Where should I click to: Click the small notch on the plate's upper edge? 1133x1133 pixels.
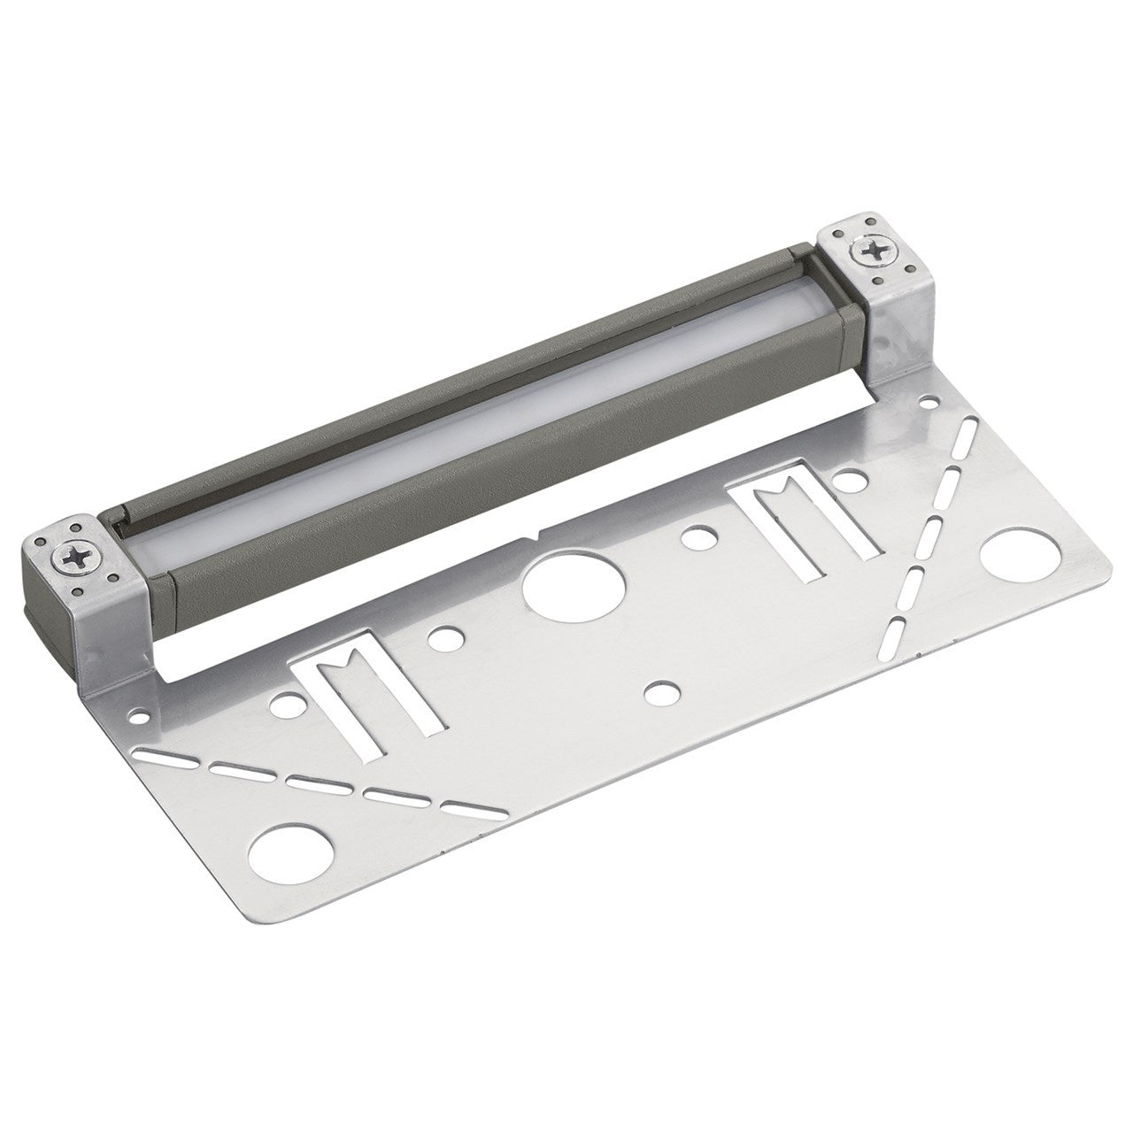pyautogui.click(x=536, y=537)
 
